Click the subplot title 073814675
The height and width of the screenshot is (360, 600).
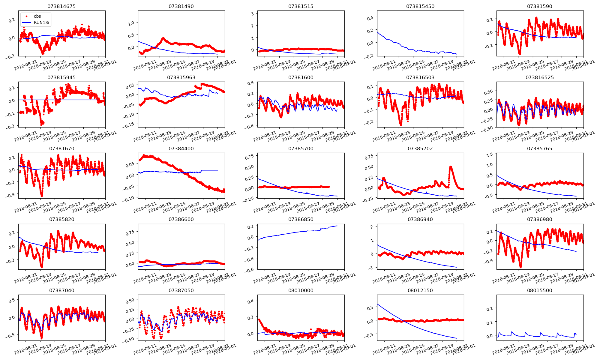(x=61, y=6)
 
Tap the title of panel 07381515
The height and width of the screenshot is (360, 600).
(x=301, y=6)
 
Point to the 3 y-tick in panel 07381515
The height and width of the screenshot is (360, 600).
(x=253, y=13)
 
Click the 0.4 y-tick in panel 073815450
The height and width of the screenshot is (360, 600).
(x=370, y=18)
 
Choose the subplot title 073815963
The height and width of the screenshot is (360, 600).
(x=181, y=77)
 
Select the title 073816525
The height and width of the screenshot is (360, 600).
(x=539, y=77)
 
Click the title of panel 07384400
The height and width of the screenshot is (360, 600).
(x=181, y=148)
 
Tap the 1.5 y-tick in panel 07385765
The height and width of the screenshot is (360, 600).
(x=489, y=155)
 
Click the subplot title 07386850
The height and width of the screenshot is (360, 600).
(x=301, y=219)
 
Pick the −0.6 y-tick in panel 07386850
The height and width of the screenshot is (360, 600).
(x=250, y=269)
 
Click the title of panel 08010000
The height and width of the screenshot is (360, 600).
(x=301, y=290)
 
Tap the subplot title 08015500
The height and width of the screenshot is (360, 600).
(x=539, y=290)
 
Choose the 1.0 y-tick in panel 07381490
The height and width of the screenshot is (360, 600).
(x=131, y=23)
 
